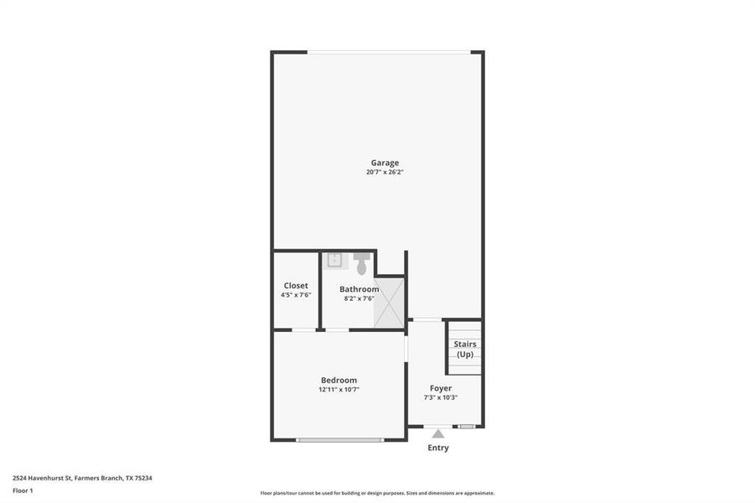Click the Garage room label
tap(385, 163)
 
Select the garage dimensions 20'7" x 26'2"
tap(385, 173)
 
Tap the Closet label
tap(296, 286)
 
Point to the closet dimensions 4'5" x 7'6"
tap(296, 295)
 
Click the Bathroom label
tap(359, 289)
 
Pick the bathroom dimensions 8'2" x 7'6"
tap(359, 298)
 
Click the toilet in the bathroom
tap(362, 263)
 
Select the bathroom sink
tap(334, 260)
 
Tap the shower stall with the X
tap(389, 303)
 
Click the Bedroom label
tap(339, 380)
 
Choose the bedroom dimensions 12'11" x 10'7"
tap(339, 390)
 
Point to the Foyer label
tap(441, 388)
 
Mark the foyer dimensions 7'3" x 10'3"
tap(441, 397)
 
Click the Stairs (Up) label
tap(465, 349)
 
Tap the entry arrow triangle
tap(438, 433)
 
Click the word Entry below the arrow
tap(438, 448)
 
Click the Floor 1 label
tap(23, 490)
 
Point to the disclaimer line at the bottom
tap(377, 493)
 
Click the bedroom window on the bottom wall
tap(339, 439)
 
